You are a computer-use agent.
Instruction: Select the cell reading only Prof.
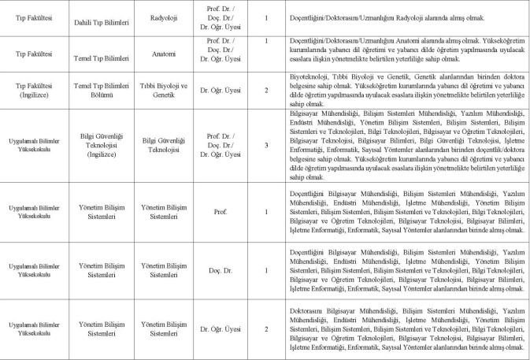point(221,212)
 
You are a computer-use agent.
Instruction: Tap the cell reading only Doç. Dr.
point(221,271)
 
